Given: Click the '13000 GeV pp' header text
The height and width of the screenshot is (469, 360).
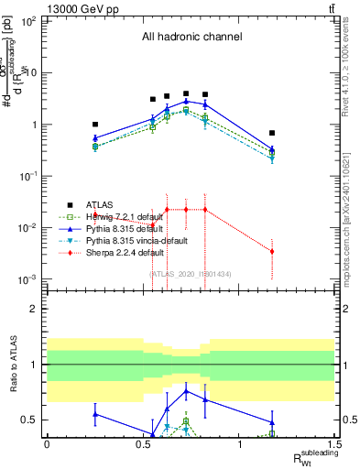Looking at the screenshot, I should [x=38, y=8].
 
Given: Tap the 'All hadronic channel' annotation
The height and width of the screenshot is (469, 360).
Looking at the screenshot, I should [x=191, y=38].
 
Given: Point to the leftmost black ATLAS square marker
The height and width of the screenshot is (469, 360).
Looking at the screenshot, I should [x=95, y=125].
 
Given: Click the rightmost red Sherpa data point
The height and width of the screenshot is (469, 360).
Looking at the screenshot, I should [x=272, y=251].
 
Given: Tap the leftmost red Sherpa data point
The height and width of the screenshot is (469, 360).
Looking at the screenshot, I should [x=95, y=213].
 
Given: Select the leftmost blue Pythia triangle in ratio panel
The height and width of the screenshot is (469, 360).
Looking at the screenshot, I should [x=95, y=414].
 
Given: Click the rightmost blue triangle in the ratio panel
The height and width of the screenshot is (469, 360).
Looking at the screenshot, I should [x=272, y=422].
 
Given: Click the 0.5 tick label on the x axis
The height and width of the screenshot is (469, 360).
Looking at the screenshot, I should [x=143, y=449].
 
